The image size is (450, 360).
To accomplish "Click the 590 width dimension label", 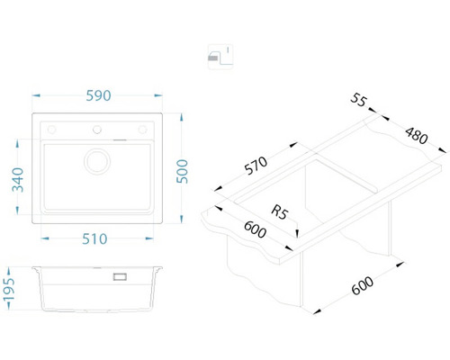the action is point(98,95).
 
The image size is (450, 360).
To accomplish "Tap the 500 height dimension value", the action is point(182,171).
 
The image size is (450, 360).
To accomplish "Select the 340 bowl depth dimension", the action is point(17,180).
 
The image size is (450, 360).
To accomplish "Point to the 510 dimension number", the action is point(94,239).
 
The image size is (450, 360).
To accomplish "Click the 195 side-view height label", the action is point(9,290).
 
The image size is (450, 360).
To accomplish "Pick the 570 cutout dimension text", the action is point(256,166).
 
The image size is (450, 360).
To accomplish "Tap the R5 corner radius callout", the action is point(280,212).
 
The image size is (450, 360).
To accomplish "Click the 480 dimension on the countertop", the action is point(417,136).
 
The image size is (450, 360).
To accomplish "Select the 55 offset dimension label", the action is point(358,100).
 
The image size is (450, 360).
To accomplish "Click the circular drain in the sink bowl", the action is point(97,161).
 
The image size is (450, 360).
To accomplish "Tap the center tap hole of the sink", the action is point(97,130).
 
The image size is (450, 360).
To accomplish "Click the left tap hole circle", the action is point(51,130).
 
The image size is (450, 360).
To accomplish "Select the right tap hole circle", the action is point(142,130).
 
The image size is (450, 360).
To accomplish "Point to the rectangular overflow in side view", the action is point(120,276).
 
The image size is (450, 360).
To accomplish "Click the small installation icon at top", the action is point(220,57).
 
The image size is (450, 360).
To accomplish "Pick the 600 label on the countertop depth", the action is point(255,229).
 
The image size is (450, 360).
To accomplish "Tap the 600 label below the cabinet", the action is point(363,285).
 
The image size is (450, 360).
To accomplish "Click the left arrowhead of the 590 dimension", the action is point(36,95).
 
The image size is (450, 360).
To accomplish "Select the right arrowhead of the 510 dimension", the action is point(149,238).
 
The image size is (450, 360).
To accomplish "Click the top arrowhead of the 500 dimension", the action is point(181,117).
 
